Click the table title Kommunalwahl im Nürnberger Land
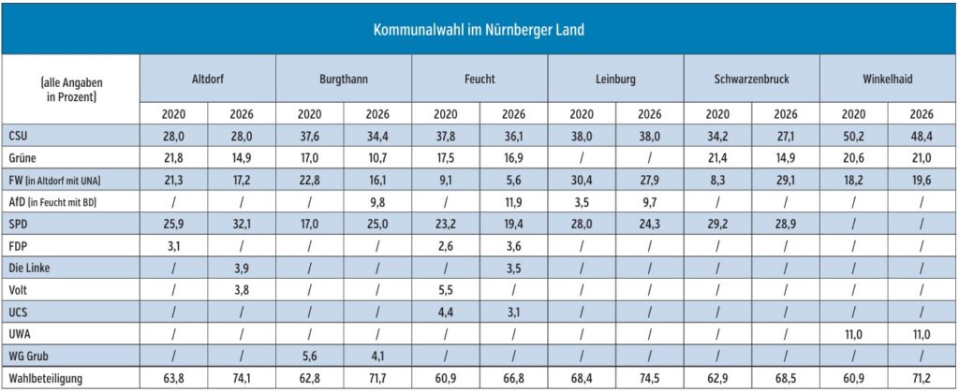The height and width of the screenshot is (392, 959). click(x=479, y=30)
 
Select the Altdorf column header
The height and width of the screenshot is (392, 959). click(x=207, y=80)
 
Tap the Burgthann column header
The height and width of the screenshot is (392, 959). click(x=343, y=80)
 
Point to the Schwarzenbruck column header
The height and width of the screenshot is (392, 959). click(x=751, y=80)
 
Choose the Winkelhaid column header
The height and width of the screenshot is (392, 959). click(x=888, y=80)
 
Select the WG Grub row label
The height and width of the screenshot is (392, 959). click(x=26, y=356)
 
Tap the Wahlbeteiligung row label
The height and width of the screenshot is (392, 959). click(x=42, y=378)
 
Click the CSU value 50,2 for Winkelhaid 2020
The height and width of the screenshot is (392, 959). click(x=854, y=136)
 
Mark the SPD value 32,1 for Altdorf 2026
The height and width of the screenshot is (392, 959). click(x=241, y=224)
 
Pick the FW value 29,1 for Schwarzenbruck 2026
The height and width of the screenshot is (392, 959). click(x=785, y=180)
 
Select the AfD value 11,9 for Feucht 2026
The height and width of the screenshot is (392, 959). click(x=513, y=201)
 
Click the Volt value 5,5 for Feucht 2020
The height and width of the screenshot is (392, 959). click(x=445, y=289)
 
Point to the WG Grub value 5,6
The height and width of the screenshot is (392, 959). click(x=309, y=356)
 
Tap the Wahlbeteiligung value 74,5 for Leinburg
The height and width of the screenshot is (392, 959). click(x=649, y=378)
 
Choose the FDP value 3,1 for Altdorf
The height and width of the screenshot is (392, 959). click(x=173, y=245)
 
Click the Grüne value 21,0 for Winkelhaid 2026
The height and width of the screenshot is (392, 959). click(x=922, y=158)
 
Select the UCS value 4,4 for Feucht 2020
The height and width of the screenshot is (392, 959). click(x=445, y=312)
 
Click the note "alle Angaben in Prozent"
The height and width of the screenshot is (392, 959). click(x=70, y=89)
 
